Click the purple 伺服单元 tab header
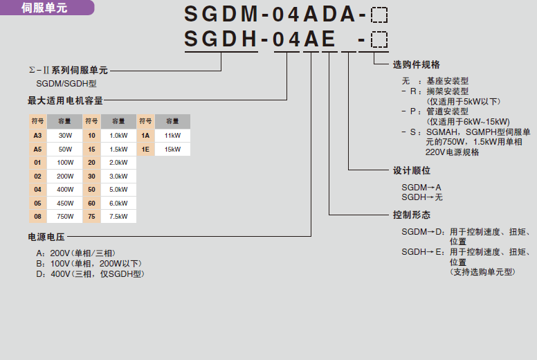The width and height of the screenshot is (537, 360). click(x=44, y=8)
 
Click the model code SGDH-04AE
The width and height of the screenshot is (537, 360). click(x=260, y=40)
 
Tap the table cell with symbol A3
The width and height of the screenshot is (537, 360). click(x=37, y=135)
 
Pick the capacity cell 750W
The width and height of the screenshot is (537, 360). click(x=65, y=216)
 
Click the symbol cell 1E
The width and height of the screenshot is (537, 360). click(x=146, y=149)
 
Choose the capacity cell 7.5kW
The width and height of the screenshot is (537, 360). click(x=119, y=216)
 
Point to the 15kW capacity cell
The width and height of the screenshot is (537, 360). click(x=172, y=149)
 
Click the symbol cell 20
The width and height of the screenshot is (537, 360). click(x=91, y=162)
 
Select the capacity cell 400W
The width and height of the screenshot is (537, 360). click(x=65, y=189)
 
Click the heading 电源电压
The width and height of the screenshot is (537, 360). click(x=46, y=237)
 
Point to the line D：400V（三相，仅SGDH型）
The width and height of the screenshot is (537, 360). click(x=90, y=273)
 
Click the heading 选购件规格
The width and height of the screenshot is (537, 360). click(x=416, y=64)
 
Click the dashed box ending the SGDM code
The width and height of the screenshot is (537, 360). click(x=379, y=15)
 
